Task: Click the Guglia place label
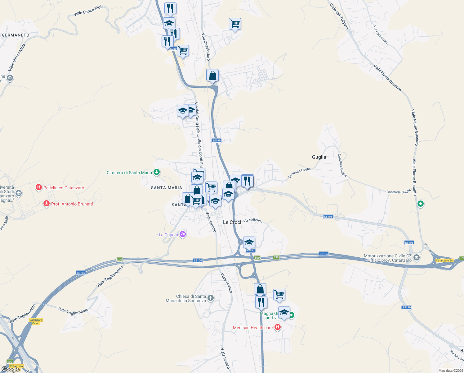coord(319,157)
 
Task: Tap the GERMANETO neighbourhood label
coord(16,35)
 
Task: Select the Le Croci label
coord(232,222)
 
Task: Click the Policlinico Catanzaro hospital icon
coord(39,187)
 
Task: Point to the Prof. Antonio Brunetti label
coord(72,204)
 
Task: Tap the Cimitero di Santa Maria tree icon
coord(157,172)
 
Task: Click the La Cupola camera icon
coord(183,234)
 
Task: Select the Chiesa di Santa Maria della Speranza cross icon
coord(211,298)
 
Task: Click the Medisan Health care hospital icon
coord(277,327)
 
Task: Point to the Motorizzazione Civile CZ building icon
coord(417,258)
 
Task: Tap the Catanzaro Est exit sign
coord(444,260)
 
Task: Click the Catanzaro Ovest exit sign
coord(36,321)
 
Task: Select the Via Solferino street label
coord(253,220)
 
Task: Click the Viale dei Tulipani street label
coord(339,16)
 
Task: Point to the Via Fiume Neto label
coord(381,35)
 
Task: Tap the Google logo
coord(11,369)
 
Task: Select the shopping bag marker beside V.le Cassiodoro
coord(212,76)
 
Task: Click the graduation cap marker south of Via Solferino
coord(249,242)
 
